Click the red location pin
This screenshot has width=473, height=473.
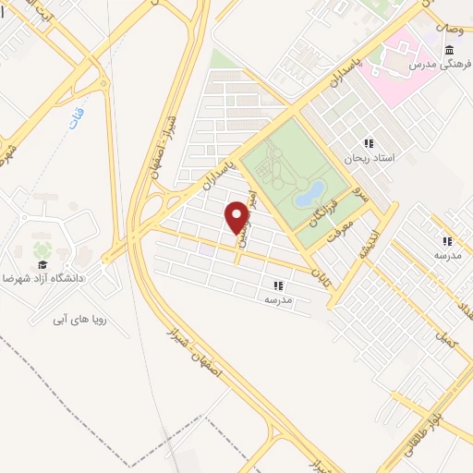pyautogui.click(x=237, y=217)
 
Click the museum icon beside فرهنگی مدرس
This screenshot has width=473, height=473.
pyautogui.click(x=448, y=50)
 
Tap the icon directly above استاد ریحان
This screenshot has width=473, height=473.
pyautogui.click(x=369, y=143)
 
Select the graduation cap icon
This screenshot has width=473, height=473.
pyautogui.click(x=42, y=263)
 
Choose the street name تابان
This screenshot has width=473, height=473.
pyautogui.click(x=321, y=274)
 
